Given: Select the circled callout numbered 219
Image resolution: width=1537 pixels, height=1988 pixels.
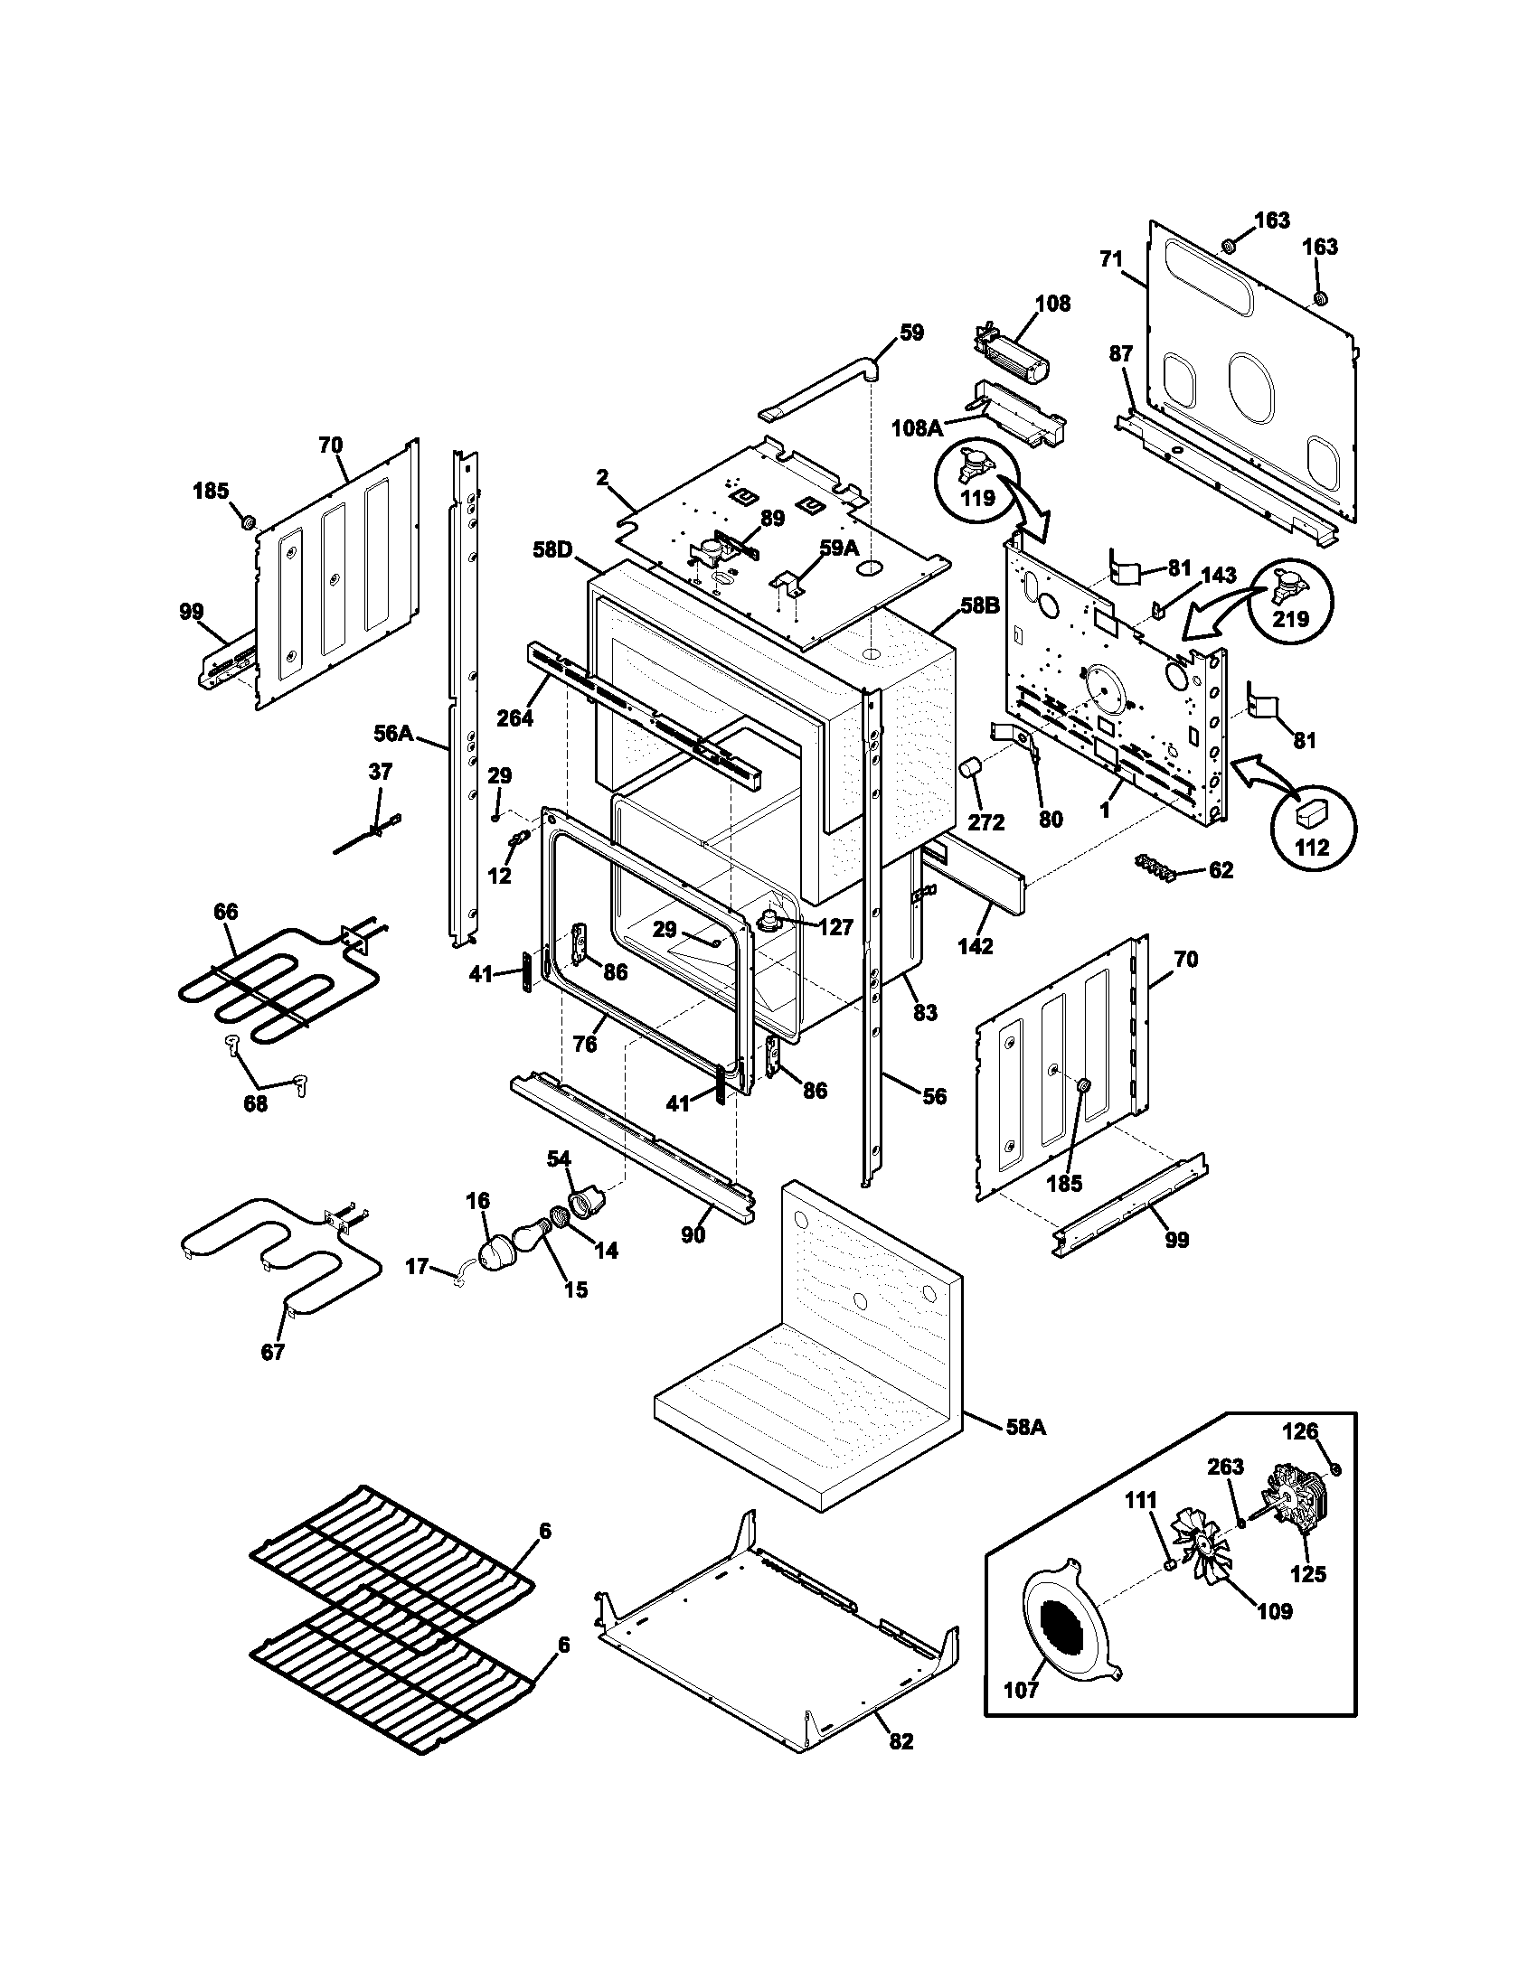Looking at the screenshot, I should point(1290,596).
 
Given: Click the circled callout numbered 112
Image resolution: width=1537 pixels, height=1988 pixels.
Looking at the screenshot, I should point(1312,827).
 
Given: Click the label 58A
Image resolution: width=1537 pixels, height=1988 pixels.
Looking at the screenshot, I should point(1026,1427).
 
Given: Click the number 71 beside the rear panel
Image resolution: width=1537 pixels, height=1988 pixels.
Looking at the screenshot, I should point(1111,259).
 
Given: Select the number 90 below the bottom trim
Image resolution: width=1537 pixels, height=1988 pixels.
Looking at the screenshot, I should point(693,1236).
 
